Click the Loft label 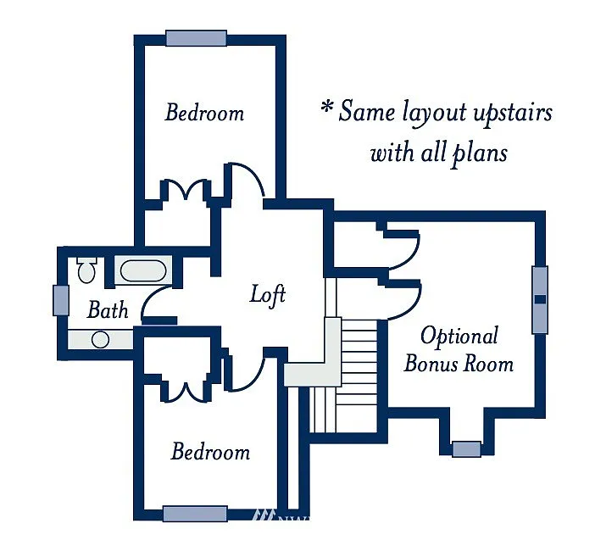(x=268, y=295)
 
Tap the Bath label (x=108, y=310)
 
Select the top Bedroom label (x=204, y=112)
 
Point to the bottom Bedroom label (x=210, y=451)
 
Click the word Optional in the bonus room (x=459, y=336)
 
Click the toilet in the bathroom (x=86, y=270)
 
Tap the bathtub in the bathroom (x=142, y=271)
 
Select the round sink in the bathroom (x=100, y=340)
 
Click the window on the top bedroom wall (x=196, y=38)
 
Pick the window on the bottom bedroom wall (x=195, y=513)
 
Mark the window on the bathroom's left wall (x=60, y=300)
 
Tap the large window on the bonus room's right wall (x=539, y=299)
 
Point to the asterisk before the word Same (x=325, y=109)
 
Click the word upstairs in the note (x=509, y=113)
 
